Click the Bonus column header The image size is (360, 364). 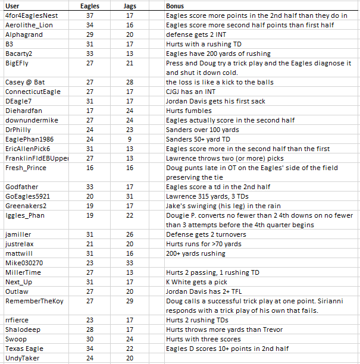(175, 5)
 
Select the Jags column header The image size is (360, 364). (130, 5)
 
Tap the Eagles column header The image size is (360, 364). (89, 5)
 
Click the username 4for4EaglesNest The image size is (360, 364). (30, 15)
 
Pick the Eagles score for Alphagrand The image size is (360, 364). (89, 34)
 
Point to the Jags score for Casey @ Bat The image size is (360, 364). (130, 82)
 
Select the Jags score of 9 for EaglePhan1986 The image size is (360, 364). (130, 139)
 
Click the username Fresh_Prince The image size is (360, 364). (26, 168)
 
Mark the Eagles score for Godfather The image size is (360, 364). (89, 187)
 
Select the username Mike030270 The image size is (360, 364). (24, 263)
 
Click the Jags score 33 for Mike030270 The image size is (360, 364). (130, 263)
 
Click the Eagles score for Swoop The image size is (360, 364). (89, 339)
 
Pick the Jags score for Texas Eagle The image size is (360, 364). (130, 349)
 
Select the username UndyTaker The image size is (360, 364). (21, 358)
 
